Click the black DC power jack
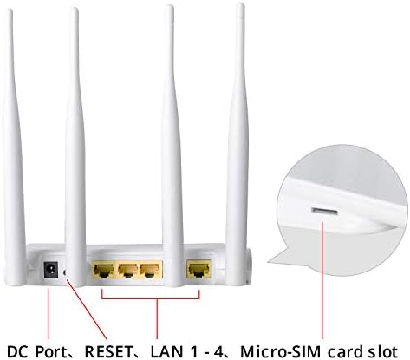click(x=50, y=270)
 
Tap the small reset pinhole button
click(x=65, y=272)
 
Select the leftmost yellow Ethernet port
click(x=103, y=269)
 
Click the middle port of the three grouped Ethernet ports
click(x=127, y=269)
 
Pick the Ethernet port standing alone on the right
click(x=198, y=269)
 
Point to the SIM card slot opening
click(x=324, y=211)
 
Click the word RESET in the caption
click(x=107, y=351)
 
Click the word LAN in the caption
click(x=167, y=351)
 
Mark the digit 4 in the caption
click(x=218, y=351)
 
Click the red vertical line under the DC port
click(x=49, y=313)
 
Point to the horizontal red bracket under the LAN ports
click(x=151, y=298)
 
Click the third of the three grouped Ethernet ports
click(x=150, y=269)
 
